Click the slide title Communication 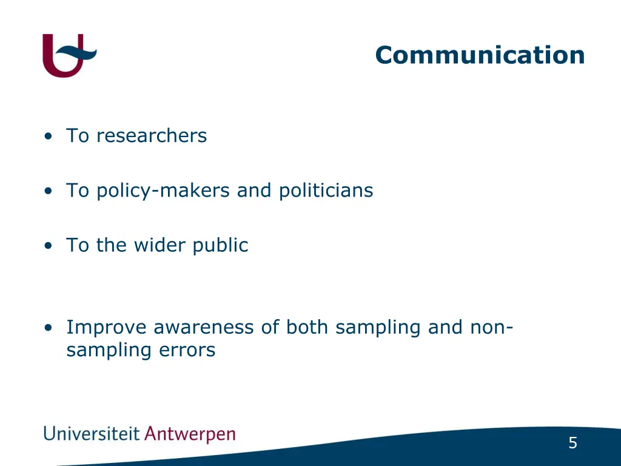coord(480,55)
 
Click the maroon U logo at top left coord(64,56)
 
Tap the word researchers coord(152,136)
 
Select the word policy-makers coord(164,191)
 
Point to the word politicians coord(326,191)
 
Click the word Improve coord(106,328)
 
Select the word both coord(308,328)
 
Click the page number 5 coord(572,444)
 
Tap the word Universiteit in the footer coord(92,434)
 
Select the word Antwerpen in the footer coord(190,435)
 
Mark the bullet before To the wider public coord(48,246)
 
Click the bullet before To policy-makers coord(48,191)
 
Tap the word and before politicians coord(255,191)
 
